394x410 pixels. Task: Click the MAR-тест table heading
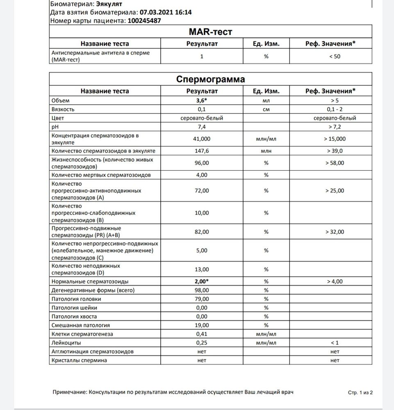click(211, 32)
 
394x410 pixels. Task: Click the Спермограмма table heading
click(211, 79)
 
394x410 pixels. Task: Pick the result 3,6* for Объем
click(202, 100)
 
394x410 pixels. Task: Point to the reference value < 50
click(334, 57)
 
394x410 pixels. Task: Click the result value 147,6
click(201, 151)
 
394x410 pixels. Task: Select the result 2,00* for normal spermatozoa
click(202, 282)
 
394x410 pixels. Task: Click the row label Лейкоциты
click(66, 342)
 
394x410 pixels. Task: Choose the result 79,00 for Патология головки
click(201, 299)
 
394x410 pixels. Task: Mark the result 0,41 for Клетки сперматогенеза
click(201, 334)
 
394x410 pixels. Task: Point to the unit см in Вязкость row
click(266, 109)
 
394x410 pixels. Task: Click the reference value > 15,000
click(334, 139)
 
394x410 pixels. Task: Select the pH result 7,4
click(201, 127)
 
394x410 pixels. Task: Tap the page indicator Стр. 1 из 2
click(360, 392)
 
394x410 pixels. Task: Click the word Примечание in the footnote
click(70, 392)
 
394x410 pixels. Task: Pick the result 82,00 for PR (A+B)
click(201, 232)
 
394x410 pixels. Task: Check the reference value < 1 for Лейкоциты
click(334, 342)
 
